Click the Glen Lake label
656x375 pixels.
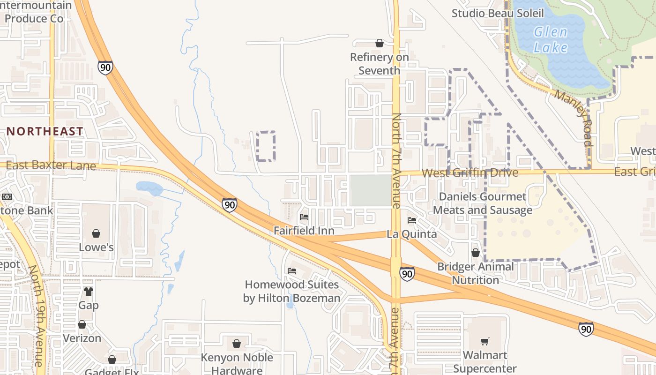tap(551, 39)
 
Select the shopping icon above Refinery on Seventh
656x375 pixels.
tap(380, 44)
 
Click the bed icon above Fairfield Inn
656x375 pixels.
tap(304, 217)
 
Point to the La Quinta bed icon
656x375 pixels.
tap(412, 220)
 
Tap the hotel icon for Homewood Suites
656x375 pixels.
tap(292, 271)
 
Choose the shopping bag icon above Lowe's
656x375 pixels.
tap(96, 233)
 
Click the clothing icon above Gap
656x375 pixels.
tap(89, 292)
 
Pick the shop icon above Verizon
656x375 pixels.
tap(82, 324)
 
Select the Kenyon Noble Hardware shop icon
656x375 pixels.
tap(237, 344)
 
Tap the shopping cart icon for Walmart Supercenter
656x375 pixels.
tap(485, 341)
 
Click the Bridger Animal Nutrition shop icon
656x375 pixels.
tap(476, 253)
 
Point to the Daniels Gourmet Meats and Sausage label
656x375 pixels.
tap(483, 203)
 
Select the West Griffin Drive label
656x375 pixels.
tap(470, 173)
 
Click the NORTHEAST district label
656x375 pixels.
tap(45, 131)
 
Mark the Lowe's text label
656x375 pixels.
tap(96, 247)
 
